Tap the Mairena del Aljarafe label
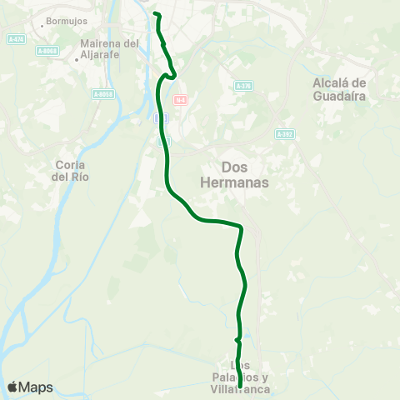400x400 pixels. (109, 48)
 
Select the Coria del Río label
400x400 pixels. (70, 171)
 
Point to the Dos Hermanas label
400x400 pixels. (246, 174)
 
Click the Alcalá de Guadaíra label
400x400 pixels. (340, 89)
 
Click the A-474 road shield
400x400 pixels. (15, 39)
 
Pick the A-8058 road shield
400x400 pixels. (102, 94)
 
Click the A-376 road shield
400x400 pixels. (242, 86)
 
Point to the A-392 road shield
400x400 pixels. (284, 133)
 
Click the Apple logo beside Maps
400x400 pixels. (12, 387)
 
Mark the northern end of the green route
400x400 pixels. (156, 14)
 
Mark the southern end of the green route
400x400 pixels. (240, 387)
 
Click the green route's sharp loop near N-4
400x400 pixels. (173, 75)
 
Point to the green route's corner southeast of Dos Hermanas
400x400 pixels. (241, 226)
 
